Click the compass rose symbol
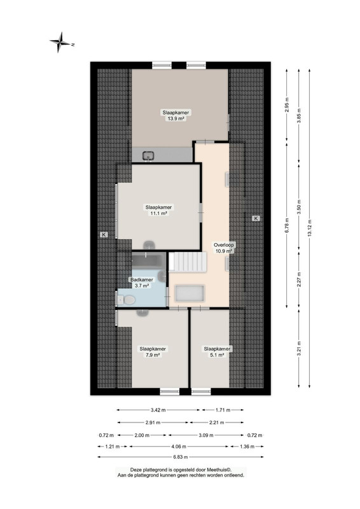point(60,42)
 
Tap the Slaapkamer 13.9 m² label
point(176,116)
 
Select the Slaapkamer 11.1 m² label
point(158,210)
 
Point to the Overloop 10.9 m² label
point(224,248)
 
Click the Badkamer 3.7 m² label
point(142,282)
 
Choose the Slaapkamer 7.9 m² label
point(153,352)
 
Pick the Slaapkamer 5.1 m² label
point(217,352)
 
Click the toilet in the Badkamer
point(127,300)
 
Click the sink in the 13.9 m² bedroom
point(149,156)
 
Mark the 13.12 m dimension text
point(309,228)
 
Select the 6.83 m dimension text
point(181,457)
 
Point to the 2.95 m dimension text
point(287,105)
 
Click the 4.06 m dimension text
point(179,447)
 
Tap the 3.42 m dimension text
point(158,410)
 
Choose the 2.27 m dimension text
point(299,279)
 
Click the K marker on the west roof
point(104,234)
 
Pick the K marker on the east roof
point(256,218)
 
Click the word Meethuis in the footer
point(218,470)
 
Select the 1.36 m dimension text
point(247,447)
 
